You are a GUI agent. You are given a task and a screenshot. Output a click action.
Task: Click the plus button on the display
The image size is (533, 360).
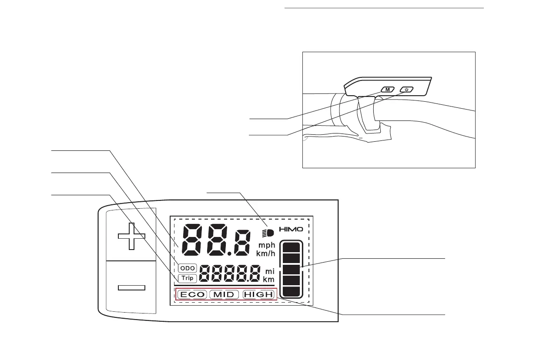coord(131,236)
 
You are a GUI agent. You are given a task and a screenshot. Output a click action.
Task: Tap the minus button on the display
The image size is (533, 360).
coord(131,287)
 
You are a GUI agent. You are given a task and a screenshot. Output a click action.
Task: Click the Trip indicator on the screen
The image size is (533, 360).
coord(187,278)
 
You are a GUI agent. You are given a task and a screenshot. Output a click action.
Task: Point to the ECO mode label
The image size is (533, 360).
coord(192,294)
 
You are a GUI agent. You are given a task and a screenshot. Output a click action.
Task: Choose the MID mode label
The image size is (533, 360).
coord(225,294)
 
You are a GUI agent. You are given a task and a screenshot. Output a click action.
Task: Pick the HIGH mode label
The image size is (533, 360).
coord(258,294)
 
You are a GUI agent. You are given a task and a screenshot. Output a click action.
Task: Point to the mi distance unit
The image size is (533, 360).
coord(269,271)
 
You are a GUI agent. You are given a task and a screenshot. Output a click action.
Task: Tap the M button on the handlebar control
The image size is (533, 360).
coord(387,90)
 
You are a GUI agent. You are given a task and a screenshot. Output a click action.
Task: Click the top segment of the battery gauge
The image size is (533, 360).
coord(291,248)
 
